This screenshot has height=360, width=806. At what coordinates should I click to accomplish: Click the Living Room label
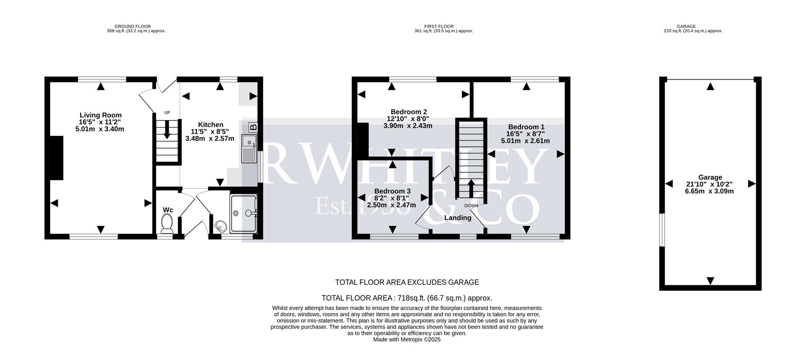pyautogui.click(x=101, y=115)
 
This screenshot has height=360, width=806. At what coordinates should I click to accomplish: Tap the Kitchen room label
pyautogui.click(x=210, y=125)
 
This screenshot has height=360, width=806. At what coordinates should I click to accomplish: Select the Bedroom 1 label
pyautogui.click(x=526, y=127)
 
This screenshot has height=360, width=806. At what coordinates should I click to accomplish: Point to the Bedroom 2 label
pyautogui.click(x=408, y=112)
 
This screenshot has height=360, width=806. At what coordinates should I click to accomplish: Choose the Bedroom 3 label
pyautogui.click(x=392, y=191)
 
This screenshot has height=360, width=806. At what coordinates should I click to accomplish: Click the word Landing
pyautogui.click(x=458, y=218)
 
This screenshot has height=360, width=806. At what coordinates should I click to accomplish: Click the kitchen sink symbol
pyautogui.click(x=249, y=149)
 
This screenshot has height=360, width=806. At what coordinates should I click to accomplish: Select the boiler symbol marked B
pyautogui.click(x=253, y=127)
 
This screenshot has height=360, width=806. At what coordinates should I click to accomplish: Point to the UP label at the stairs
pyautogui.click(x=167, y=112)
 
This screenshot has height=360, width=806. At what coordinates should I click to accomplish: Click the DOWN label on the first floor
pyautogui.click(x=471, y=206)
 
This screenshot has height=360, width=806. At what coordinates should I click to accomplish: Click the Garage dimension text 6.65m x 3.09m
pyautogui.click(x=709, y=191)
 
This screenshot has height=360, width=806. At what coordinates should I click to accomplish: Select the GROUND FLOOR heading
pyautogui.click(x=133, y=26)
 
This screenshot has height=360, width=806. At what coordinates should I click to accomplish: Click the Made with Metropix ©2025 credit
pyautogui.click(x=406, y=340)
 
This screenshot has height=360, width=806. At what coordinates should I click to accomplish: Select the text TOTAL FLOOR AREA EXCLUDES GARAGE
pyautogui.click(x=406, y=282)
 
